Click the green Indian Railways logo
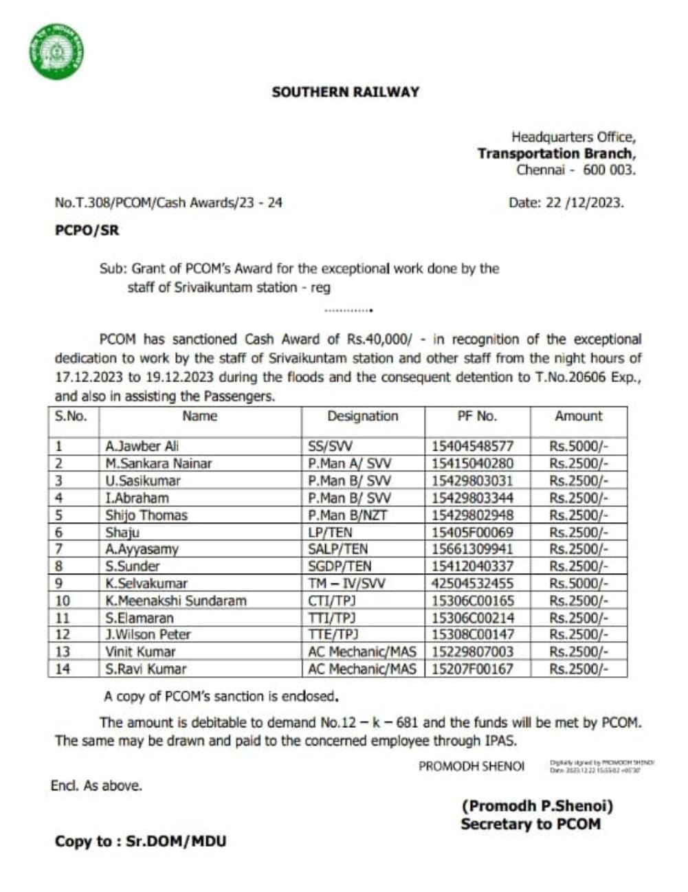coord(56,52)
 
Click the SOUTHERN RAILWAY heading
coord(345,92)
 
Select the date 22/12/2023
coord(584,203)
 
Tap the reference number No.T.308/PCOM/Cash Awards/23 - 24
coord(168,203)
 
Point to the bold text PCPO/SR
coord(87,231)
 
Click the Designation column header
coord(362,416)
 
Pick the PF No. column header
coord(477,416)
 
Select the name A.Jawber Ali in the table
coord(142,447)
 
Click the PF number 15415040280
coord(472,464)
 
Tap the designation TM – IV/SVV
coord(346,583)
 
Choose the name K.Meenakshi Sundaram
coord(175,601)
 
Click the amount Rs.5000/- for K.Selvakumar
coord(579,583)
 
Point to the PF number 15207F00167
coord(472,669)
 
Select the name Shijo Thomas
coord(146,515)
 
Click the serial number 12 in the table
coord(63,634)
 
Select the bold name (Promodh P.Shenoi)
coord(537,805)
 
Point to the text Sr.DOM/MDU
coord(176,841)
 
